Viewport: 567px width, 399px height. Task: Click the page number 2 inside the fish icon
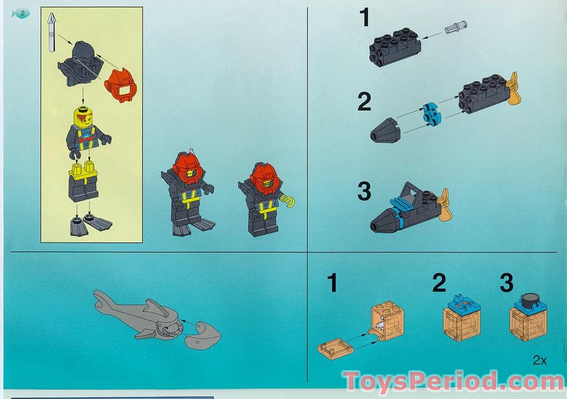(x=22, y=13)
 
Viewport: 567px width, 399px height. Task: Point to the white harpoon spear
(x=52, y=34)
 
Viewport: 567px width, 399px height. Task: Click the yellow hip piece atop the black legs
(x=83, y=169)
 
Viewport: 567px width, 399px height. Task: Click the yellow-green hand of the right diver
(x=288, y=200)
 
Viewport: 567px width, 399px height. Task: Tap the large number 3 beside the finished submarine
(x=364, y=192)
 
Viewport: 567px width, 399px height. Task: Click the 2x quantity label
(x=539, y=361)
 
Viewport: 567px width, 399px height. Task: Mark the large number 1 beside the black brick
(x=364, y=18)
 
